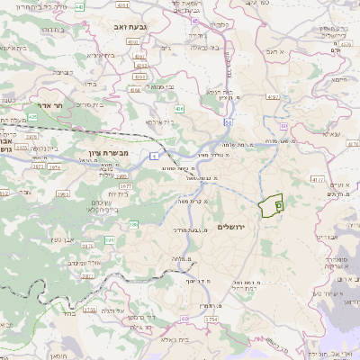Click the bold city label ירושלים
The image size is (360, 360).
pos(238,227)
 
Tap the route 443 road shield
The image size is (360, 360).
pos(78,7)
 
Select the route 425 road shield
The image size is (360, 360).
pos(32,117)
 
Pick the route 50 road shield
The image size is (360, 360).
pos(229,121)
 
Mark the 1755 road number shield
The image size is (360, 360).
pos(90,309)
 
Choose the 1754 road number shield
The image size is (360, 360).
pos(211,319)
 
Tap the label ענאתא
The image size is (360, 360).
pos(330,134)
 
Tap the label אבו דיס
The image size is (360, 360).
pos(329,237)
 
